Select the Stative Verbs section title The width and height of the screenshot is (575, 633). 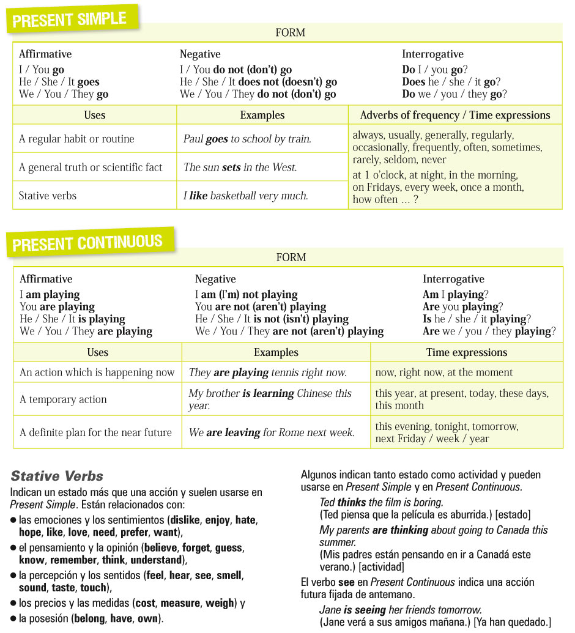coord(57,476)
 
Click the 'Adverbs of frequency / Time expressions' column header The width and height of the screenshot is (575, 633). coord(455,115)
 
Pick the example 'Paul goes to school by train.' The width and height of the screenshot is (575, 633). coord(247,139)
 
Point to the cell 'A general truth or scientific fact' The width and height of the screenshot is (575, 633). coord(91,167)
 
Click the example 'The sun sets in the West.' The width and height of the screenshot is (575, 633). coord(240,167)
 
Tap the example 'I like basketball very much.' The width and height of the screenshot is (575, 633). coord(245,196)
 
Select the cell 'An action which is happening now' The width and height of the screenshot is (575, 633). coord(97,372)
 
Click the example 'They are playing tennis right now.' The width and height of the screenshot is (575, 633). coord(267,372)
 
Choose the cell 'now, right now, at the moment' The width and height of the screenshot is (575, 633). coord(444,372)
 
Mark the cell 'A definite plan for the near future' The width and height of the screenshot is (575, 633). coord(95,432)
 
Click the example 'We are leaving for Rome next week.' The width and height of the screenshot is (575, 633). coord(272,432)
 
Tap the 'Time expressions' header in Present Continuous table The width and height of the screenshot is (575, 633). coord(467,352)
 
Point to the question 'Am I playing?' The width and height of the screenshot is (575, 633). coord(456,295)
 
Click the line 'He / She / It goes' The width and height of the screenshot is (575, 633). coord(59,82)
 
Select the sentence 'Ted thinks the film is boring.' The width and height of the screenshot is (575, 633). coord(380,502)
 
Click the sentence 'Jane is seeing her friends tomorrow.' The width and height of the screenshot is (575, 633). coord(400,610)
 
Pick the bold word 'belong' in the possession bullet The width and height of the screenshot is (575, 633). coord(89,618)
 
